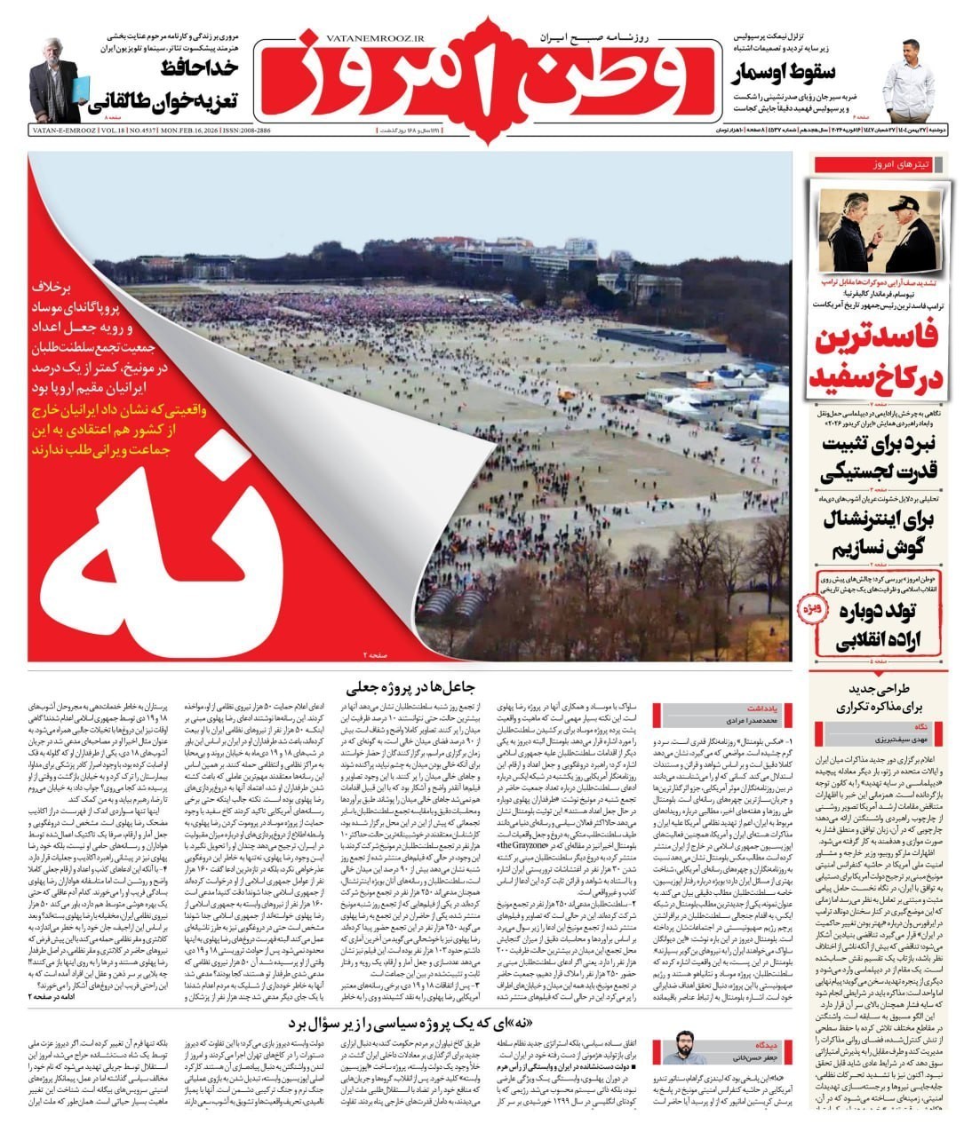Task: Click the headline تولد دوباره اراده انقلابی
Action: click(888, 625)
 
